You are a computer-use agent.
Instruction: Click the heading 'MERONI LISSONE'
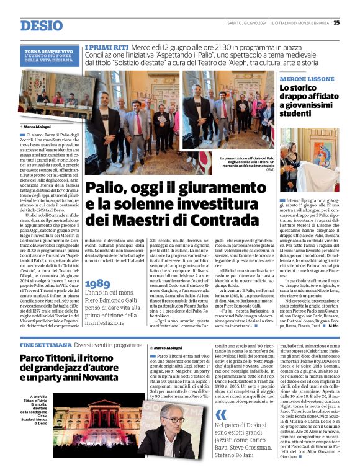(307, 80)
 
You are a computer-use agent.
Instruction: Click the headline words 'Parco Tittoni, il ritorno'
(73, 359)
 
